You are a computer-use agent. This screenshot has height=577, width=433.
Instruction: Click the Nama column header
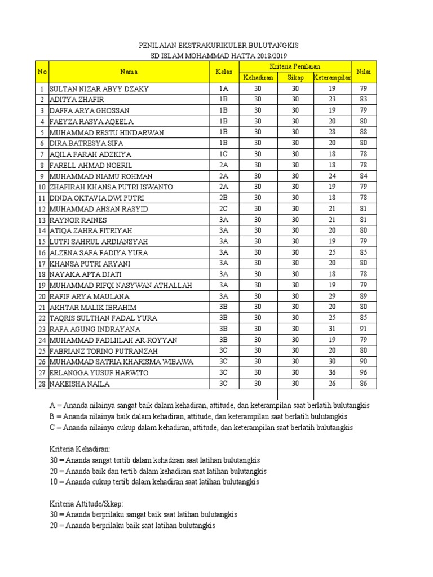(x=128, y=72)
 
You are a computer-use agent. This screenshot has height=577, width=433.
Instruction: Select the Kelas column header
(x=220, y=72)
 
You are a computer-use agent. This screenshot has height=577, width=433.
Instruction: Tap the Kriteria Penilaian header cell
(x=295, y=66)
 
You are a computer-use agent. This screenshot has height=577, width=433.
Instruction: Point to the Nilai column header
(x=364, y=72)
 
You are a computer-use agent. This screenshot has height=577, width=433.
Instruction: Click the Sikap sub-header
(x=295, y=77)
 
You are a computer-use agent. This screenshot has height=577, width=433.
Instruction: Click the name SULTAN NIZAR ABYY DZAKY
(x=100, y=89)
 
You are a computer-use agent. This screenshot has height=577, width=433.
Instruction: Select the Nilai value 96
(x=364, y=373)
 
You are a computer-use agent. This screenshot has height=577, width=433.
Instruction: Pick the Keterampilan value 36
(x=332, y=373)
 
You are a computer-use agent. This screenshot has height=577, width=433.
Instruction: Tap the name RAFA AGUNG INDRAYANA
(x=95, y=329)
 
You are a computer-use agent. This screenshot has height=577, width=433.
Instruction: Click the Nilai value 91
(x=364, y=329)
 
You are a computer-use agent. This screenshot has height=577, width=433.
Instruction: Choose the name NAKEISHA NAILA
(x=79, y=384)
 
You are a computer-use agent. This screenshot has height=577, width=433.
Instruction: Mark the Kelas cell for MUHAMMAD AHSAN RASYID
(x=224, y=209)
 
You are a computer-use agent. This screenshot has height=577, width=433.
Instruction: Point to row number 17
(x=41, y=264)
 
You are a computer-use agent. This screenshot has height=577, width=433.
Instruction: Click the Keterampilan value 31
(x=332, y=329)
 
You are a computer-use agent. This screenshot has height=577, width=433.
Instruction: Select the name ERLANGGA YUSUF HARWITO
(x=99, y=373)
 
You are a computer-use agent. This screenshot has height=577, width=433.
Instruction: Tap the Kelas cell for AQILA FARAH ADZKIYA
(x=224, y=154)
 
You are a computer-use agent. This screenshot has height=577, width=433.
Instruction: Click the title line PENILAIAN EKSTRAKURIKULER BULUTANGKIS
(x=219, y=45)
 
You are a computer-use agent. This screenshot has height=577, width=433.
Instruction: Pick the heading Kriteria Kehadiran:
(x=80, y=449)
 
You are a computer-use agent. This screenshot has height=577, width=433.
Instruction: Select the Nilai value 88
(x=364, y=132)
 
